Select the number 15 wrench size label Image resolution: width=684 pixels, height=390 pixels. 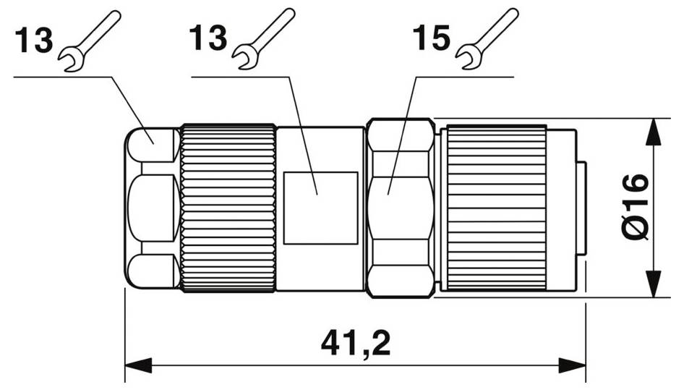tap(432, 39)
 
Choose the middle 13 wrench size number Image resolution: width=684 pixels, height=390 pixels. tap(208, 38)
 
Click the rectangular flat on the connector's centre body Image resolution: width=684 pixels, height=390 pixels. tap(320, 208)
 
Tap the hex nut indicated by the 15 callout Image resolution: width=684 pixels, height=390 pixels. tap(400, 208)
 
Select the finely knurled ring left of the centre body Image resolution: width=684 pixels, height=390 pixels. tap(228, 208)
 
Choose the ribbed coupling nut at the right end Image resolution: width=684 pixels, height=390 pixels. tap(496, 208)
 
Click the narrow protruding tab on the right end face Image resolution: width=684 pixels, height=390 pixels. tap(581, 208)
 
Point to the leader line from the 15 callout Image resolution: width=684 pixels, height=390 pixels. tap(403, 130)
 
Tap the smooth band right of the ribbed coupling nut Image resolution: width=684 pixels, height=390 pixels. tap(561, 208)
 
